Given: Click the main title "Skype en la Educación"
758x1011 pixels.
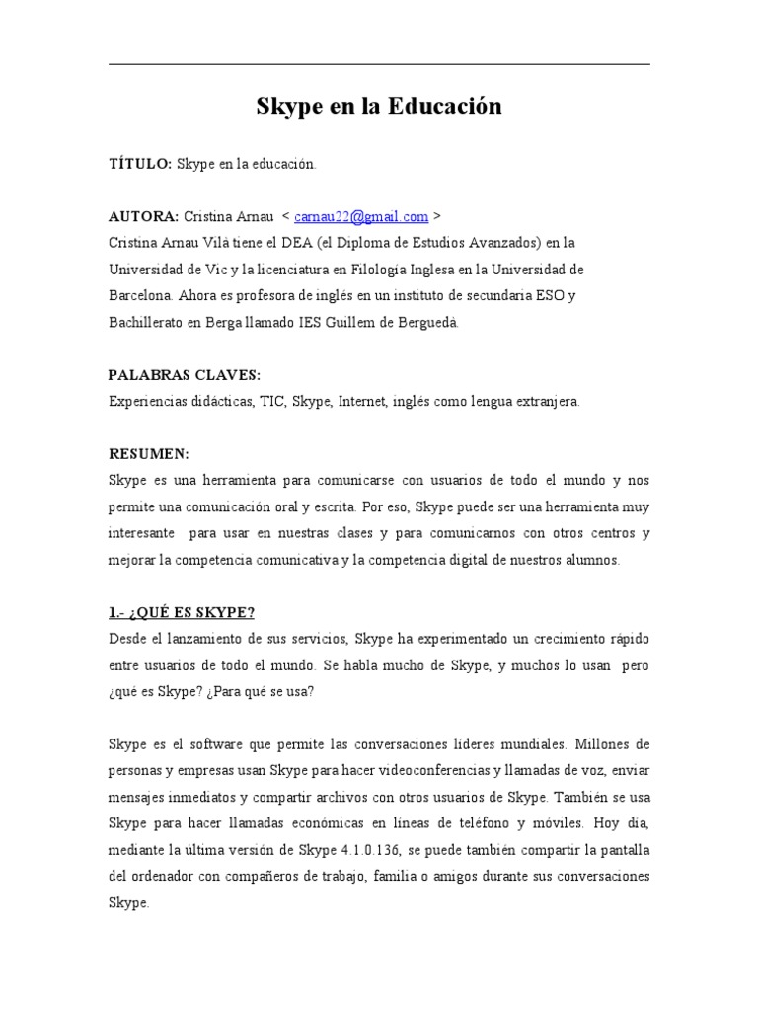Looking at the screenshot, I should pyautogui.click(x=379, y=107).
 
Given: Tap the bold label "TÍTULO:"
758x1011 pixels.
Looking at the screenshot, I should pyautogui.click(x=140, y=164).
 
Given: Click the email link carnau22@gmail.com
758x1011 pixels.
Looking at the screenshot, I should pyautogui.click(x=361, y=216).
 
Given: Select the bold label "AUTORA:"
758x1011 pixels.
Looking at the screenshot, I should pyautogui.click(x=143, y=216).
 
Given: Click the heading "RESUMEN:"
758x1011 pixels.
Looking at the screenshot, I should pyautogui.click(x=147, y=453).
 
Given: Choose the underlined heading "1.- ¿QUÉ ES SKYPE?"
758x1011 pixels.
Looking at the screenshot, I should pyautogui.click(x=183, y=612).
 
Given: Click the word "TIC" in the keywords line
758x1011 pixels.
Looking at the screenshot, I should pyautogui.click(x=272, y=401).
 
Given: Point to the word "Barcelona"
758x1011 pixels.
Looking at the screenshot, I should pyautogui.click(x=140, y=295).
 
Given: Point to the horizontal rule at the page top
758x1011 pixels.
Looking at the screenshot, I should pyautogui.click(x=379, y=65).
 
